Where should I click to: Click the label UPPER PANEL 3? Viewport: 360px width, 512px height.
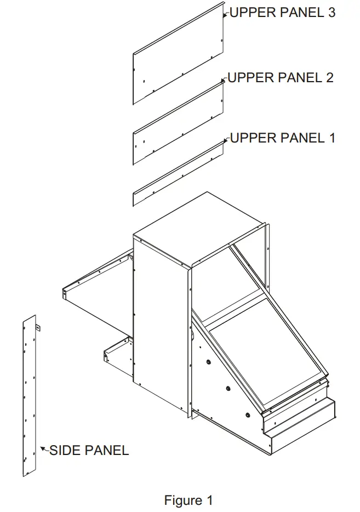coord(283,13)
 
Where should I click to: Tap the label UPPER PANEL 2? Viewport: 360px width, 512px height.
coord(281,78)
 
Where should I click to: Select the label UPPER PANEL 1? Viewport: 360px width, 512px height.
coord(283,138)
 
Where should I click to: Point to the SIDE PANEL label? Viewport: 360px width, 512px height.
coord(89,450)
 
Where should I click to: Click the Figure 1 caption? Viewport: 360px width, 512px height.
coord(188,500)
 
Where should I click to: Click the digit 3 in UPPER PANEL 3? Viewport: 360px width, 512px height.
coord(332,13)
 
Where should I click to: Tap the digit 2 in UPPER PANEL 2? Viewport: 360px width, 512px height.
coord(329,78)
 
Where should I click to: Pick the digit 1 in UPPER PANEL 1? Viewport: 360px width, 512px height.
coord(333,138)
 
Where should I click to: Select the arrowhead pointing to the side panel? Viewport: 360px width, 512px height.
coord(42,448)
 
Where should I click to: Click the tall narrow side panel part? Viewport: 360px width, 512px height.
coord(30,396)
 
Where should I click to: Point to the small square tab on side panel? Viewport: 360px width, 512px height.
coord(38,327)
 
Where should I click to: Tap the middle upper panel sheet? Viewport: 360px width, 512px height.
coord(178,124)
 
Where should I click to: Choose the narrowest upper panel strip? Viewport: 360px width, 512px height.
coord(178,173)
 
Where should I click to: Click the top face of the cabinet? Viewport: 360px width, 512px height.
coord(199,229)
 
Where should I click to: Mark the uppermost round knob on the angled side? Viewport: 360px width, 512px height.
coord(208,362)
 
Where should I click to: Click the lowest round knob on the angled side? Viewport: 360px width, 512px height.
coord(248,414)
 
